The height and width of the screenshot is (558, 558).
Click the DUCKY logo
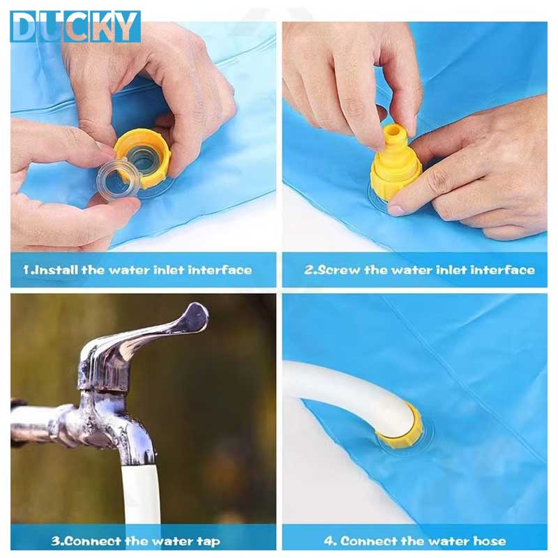[75, 27]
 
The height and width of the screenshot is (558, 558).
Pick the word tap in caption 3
[209, 542]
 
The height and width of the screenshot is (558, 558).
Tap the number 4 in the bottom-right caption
[329, 541]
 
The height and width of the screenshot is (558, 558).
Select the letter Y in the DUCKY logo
[127, 27]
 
